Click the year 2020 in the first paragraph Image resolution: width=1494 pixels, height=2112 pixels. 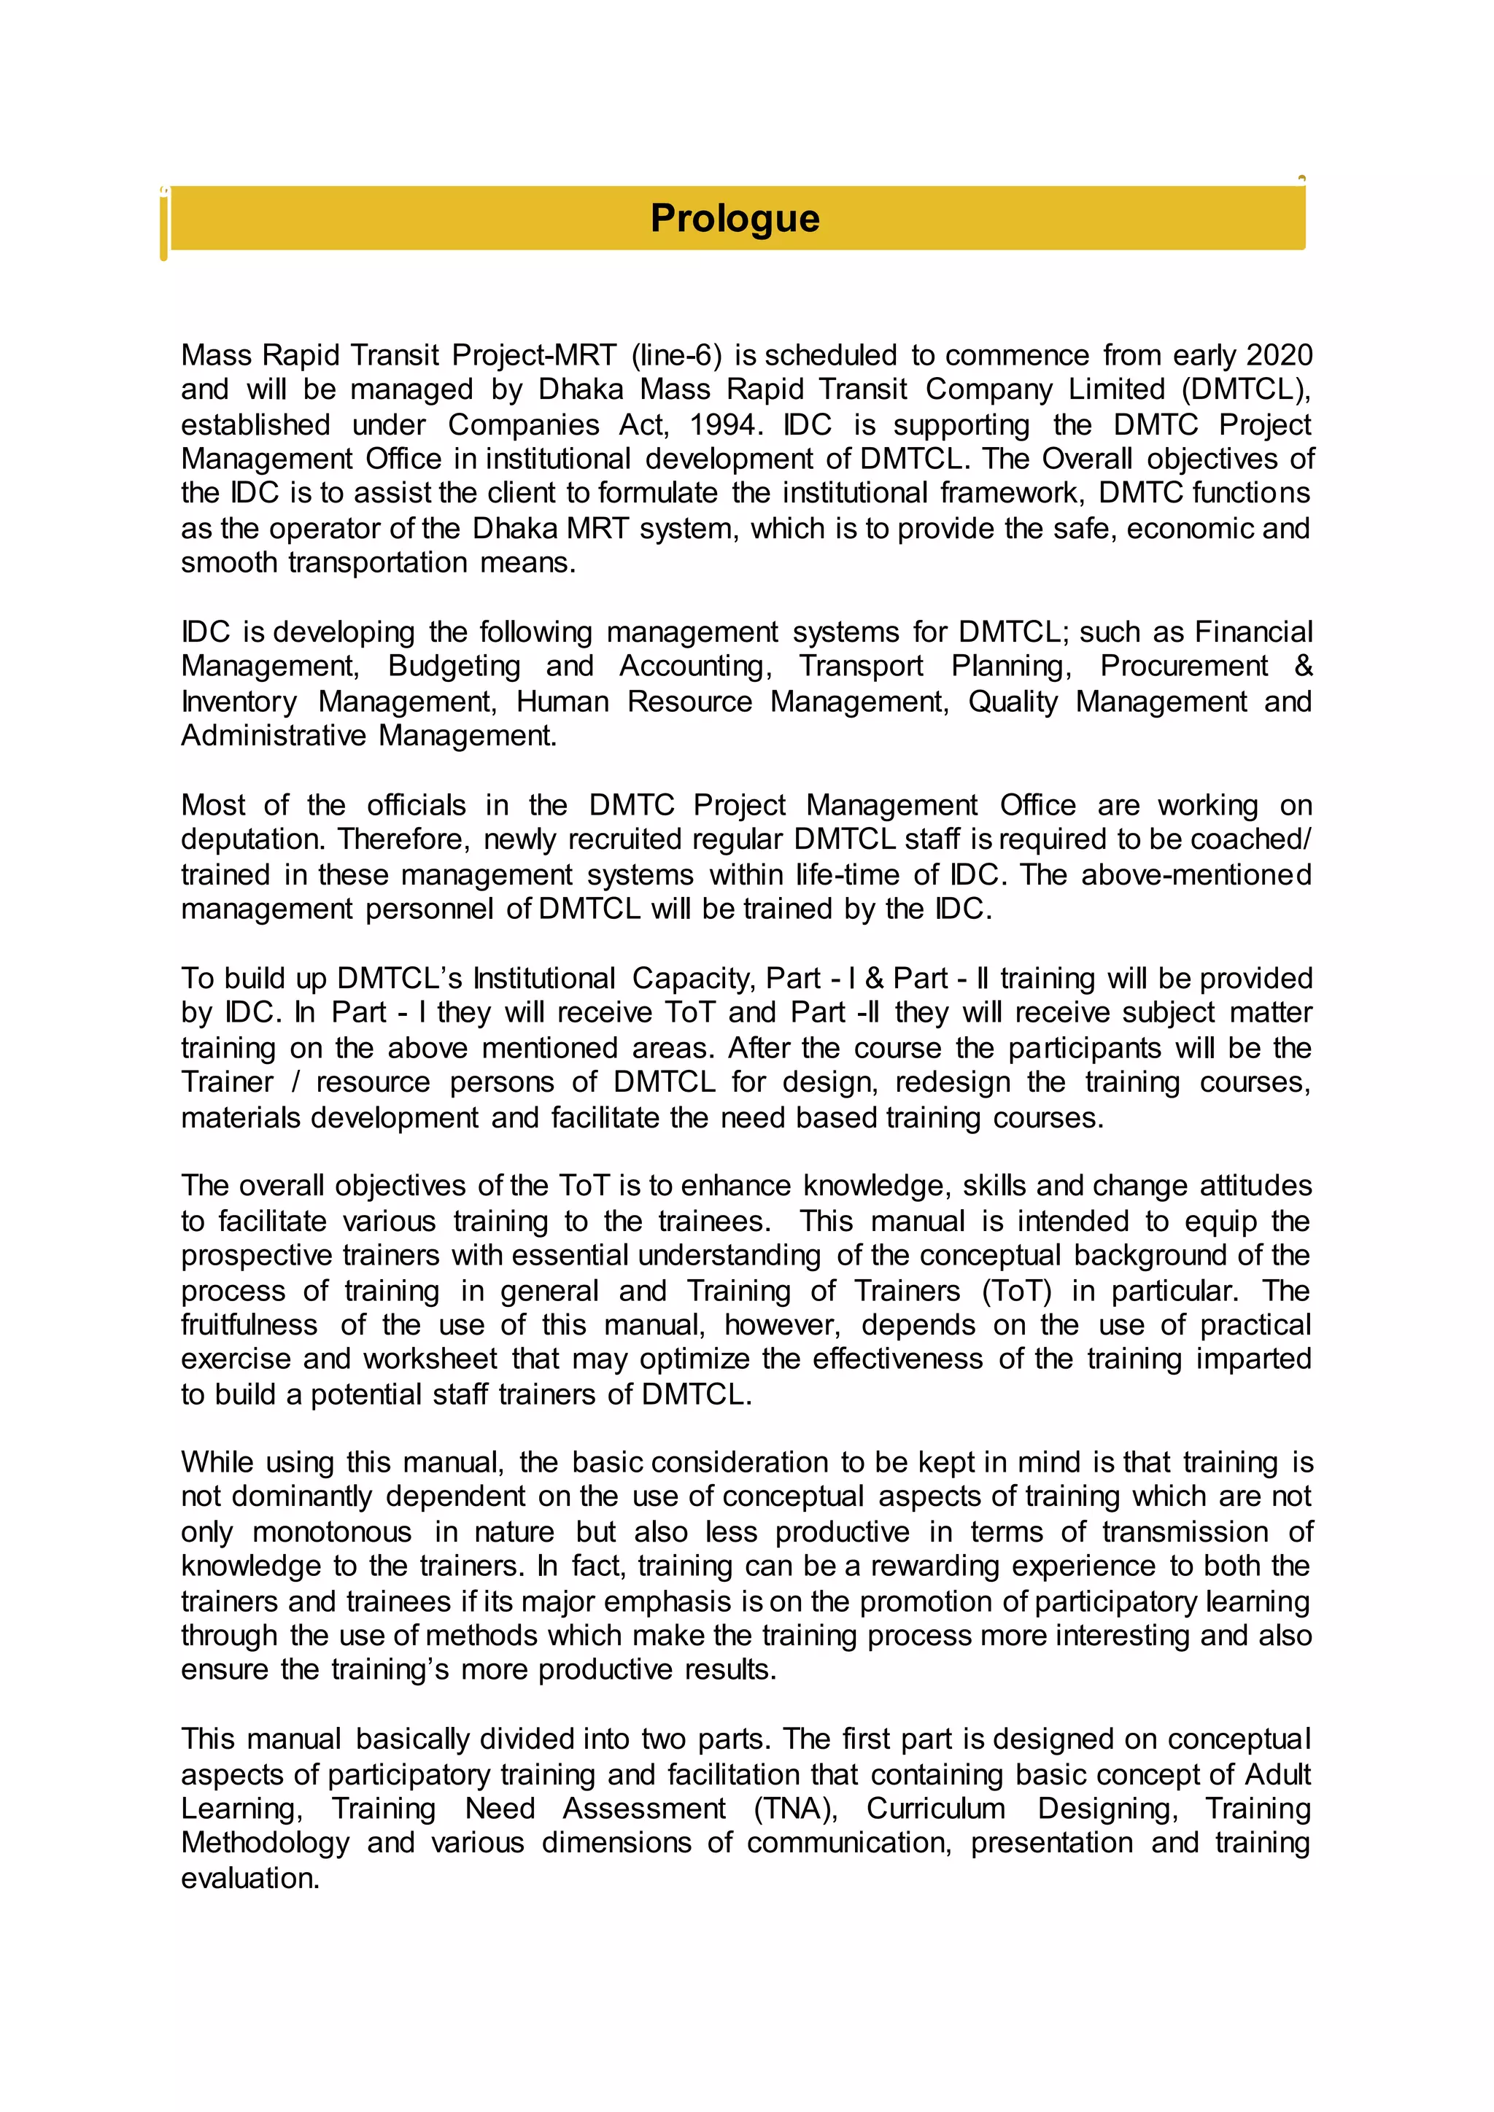pyautogui.click(x=1278, y=355)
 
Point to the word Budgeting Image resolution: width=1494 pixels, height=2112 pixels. pyautogui.click(x=454, y=666)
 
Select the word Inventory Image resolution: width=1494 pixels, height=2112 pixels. pyautogui.click(x=239, y=702)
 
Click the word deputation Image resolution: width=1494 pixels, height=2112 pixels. pyautogui.click(x=253, y=840)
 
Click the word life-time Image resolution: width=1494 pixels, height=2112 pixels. pyautogui.click(x=846, y=875)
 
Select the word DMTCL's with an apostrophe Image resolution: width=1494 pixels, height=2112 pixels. pyautogui.click(x=399, y=978)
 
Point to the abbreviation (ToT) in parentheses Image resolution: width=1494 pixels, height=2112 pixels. pyautogui.click(x=1016, y=1291)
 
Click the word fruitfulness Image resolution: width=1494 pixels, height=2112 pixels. pyautogui.click(x=249, y=1326)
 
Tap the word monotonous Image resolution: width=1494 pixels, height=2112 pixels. pyautogui.click(x=332, y=1532)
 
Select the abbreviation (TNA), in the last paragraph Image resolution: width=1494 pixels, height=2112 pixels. pyautogui.click(x=795, y=1809)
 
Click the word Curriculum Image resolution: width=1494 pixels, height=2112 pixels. pyautogui.click(x=936, y=1809)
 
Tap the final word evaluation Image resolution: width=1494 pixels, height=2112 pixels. pyautogui.click(x=250, y=1879)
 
